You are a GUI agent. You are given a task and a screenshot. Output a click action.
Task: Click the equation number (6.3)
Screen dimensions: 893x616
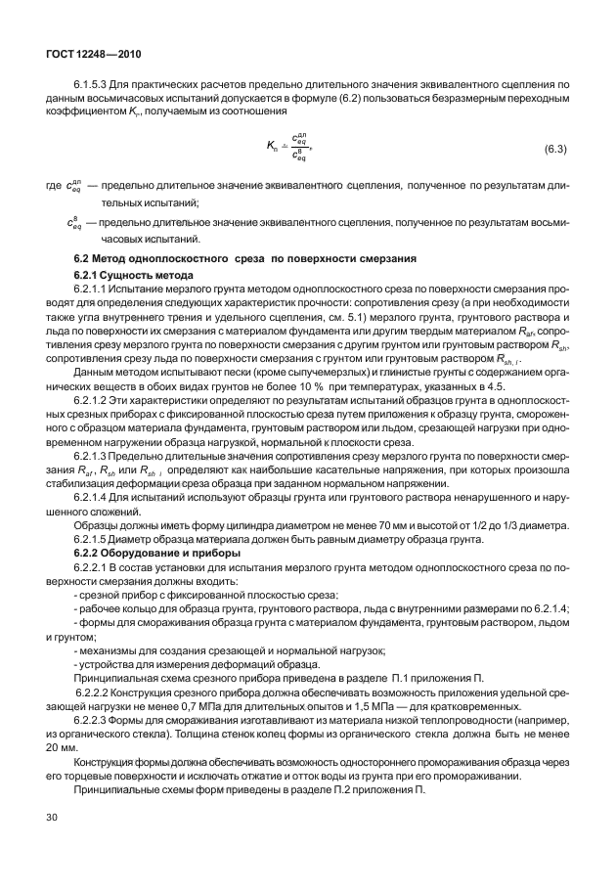(556, 148)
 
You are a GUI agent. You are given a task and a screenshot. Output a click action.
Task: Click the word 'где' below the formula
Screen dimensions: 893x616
(54, 184)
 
